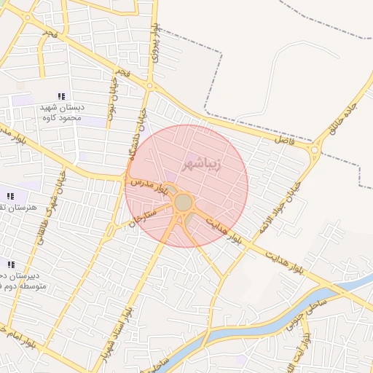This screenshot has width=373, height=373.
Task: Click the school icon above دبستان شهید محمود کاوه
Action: pyautogui.click(x=62, y=96)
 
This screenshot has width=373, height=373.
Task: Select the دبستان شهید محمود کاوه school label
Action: pyautogui.click(x=62, y=112)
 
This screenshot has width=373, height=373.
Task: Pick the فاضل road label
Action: pyautogui.click(x=284, y=138)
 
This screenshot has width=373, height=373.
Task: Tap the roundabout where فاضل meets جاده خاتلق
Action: pyautogui.click(x=315, y=151)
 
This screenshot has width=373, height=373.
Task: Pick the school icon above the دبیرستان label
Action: pyautogui.click(x=11, y=264)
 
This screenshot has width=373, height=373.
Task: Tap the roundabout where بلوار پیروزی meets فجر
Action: pyautogui.click(x=151, y=87)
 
